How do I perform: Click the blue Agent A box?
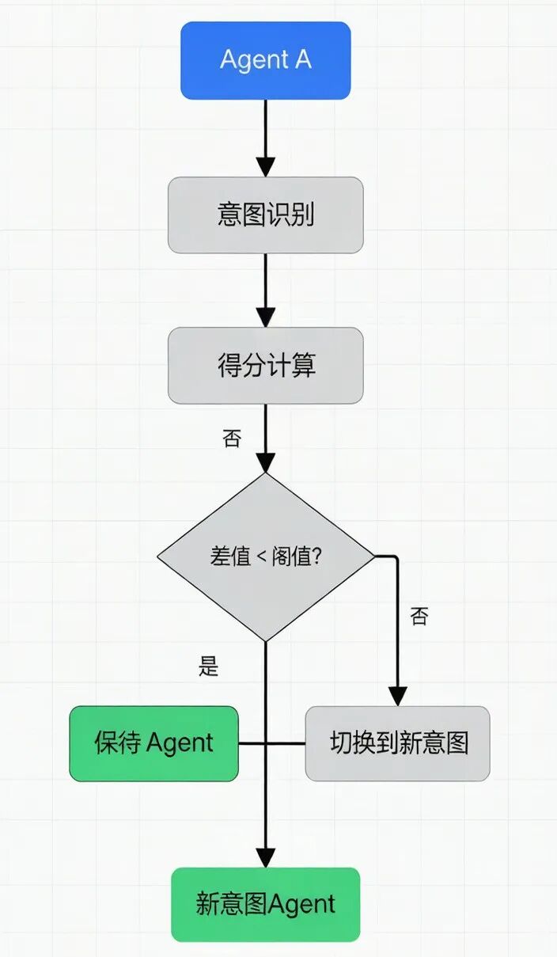pyautogui.click(x=266, y=61)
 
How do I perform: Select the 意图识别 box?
pyautogui.click(x=266, y=215)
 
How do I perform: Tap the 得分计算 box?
pyautogui.click(x=266, y=366)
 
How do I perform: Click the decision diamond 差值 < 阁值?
pyautogui.click(x=266, y=556)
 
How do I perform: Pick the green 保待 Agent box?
pyautogui.click(x=153, y=744)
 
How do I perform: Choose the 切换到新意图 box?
pyautogui.click(x=398, y=744)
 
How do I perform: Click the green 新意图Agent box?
pyautogui.click(x=266, y=905)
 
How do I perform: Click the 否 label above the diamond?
pyautogui.click(x=232, y=439)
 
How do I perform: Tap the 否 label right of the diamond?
pyautogui.click(x=419, y=616)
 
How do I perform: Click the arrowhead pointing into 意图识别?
pyautogui.click(x=266, y=167)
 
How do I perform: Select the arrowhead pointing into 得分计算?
pyautogui.click(x=266, y=317)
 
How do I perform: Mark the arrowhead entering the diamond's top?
pyautogui.click(x=266, y=463)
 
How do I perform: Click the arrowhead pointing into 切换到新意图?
pyautogui.click(x=398, y=696)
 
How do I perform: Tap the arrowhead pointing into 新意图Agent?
pyautogui.click(x=266, y=857)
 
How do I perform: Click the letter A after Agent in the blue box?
pyautogui.click(x=302, y=59)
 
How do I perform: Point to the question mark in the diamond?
pyautogui.click(x=316, y=556)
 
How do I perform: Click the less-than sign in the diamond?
pyautogui.click(x=261, y=557)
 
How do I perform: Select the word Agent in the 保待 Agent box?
pyautogui.click(x=180, y=744)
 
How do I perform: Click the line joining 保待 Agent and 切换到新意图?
pyautogui.click(x=271, y=744)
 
